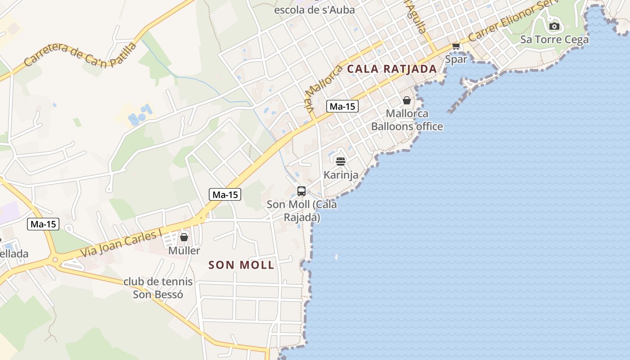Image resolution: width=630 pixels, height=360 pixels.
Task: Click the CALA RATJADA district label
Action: (392, 69)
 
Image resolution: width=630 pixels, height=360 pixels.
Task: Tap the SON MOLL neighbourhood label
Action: (241, 265)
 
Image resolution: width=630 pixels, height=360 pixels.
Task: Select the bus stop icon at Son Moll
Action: (301, 191)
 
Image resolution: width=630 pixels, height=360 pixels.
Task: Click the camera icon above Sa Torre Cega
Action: (554, 26)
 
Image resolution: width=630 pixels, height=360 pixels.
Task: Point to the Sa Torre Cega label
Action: (554, 40)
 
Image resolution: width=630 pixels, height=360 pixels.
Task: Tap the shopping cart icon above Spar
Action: (456, 46)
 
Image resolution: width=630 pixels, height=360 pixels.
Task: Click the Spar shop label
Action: (456, 59)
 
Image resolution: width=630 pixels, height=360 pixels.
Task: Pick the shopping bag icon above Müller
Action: (184, 237)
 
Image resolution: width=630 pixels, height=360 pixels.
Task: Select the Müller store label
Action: (184, 250)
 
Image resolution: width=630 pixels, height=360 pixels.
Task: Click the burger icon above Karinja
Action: (341, 161)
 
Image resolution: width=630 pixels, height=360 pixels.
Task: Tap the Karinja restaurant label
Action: (341, 175)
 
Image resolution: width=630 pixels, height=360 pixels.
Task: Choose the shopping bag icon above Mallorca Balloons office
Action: (407, 100)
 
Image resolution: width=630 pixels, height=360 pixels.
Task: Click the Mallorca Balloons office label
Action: (407, 120)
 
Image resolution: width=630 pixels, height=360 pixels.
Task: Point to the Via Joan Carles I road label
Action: (121, 244)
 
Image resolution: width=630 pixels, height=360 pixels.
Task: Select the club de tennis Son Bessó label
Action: (158, 288)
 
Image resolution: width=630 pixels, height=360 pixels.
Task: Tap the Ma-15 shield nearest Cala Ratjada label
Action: (342, 106)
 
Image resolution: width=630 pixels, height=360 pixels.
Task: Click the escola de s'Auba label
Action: (314, 9)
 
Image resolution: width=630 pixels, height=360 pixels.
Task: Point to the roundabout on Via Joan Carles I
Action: (55, 259)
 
